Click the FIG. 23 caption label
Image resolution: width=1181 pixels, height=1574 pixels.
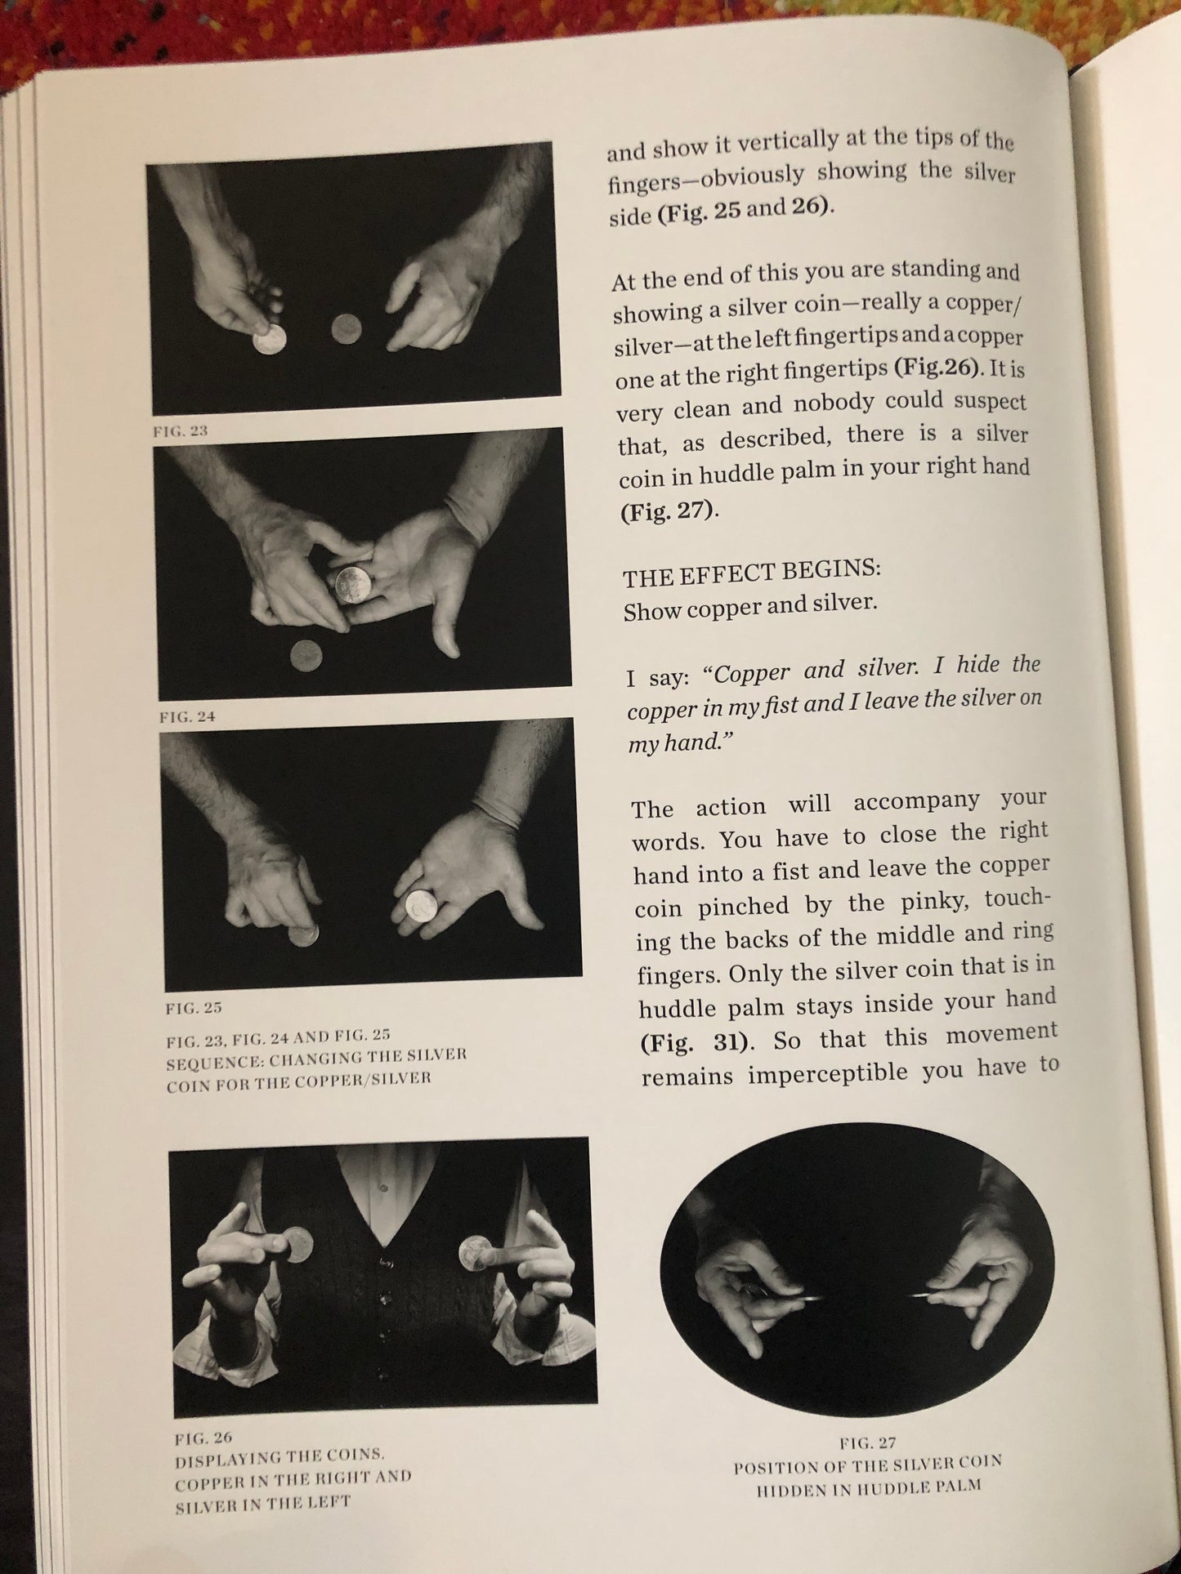[180, 430]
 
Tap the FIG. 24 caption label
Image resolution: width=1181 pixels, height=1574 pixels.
[186, 717]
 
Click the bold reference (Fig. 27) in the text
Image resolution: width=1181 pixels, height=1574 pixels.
[668, 512]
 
